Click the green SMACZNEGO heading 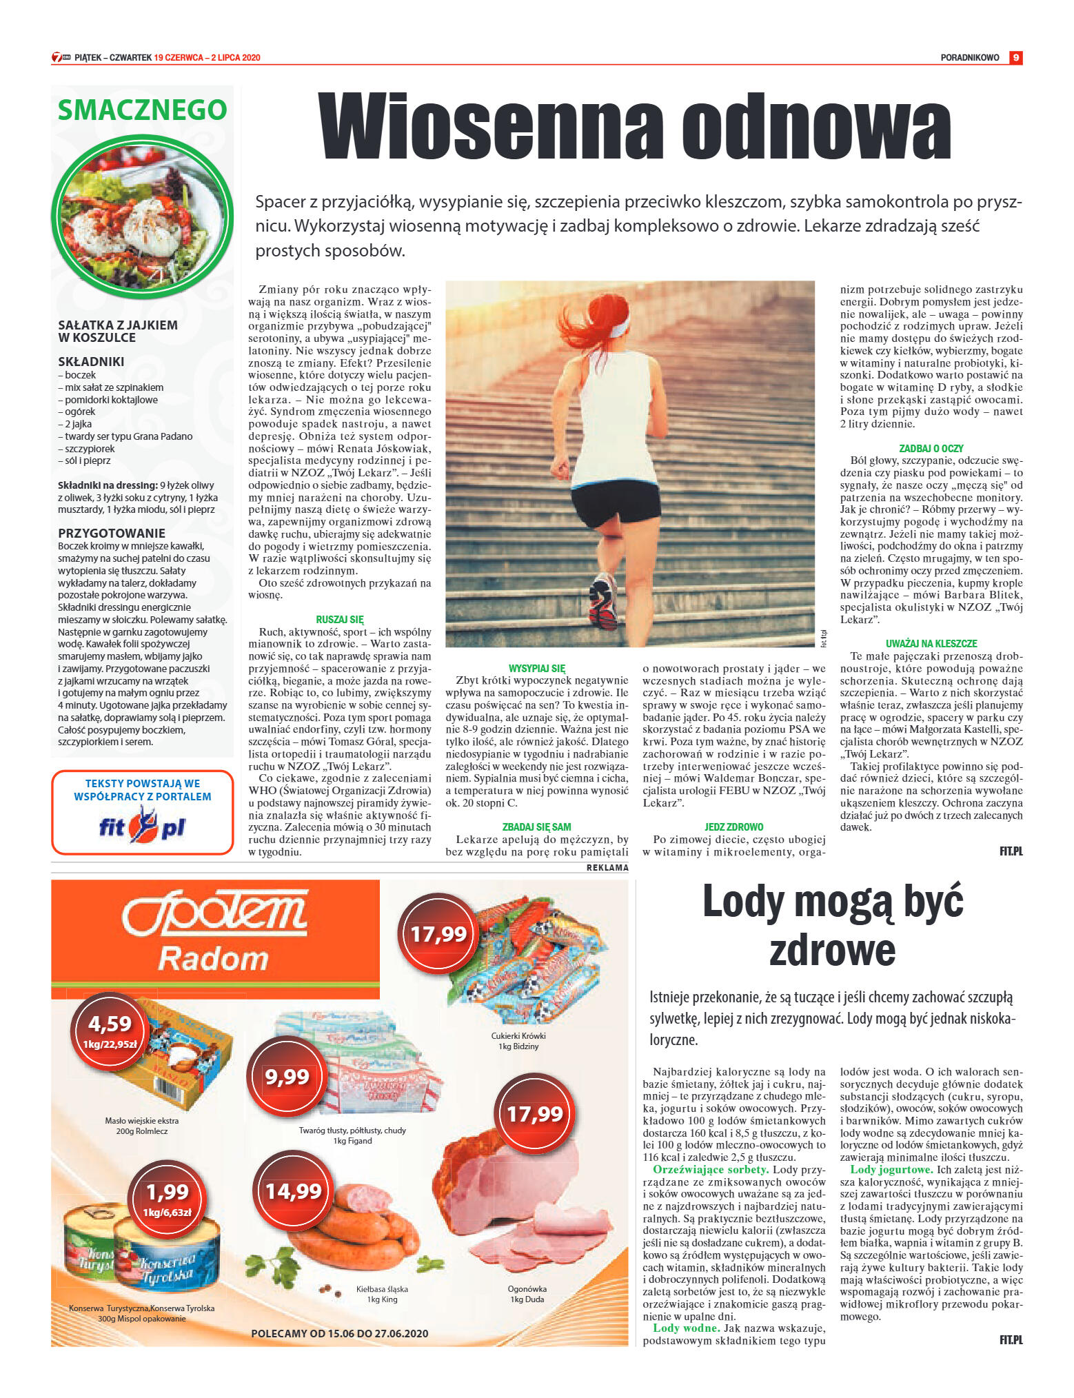pyautogui.click(x=142, y=110)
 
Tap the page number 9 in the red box pyautogui.click(x=1015, y=58)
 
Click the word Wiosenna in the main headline pyautogui.click(x=491, y=126)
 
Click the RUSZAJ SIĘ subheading pyautogui.click(x=339, y=620)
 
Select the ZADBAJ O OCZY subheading pyautogui.click(x=931, y=448)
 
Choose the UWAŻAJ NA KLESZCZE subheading pyautogui.click(x=931, y=643)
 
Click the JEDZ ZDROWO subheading pyautogui.click(x=733, y=827)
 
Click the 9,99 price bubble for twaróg pyautogui.click(x=287, y=1076)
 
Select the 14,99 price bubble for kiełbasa pyautogui.click(x=294, y=1191)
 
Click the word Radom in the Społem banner pyautogui.click(x=212, y=958)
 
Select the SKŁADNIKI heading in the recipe pyautogui.click(x=91, y=362)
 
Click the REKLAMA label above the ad pyautogui.click(x=607, y=868)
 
